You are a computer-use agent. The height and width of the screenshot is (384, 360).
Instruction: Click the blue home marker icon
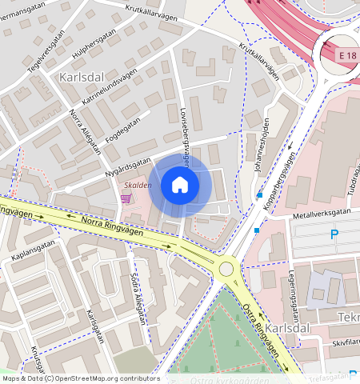click(180, 186)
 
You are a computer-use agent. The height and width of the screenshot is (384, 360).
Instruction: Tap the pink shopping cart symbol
click(126, 198)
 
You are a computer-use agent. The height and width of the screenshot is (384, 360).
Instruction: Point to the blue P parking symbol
click(334, 234)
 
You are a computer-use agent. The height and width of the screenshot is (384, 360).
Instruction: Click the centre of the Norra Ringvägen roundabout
click(227, 269)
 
